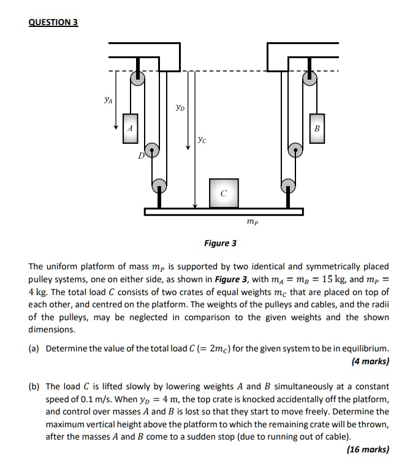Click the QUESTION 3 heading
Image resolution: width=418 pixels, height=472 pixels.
tap(53, 23)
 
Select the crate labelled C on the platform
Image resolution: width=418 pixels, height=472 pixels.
tap(223, 193)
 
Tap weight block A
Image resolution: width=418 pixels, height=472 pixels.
tap(130, 129)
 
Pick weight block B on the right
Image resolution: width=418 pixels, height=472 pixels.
tap(316, 129)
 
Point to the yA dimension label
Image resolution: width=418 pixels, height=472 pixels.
tap(108, 97)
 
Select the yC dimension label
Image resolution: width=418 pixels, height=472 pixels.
tap(202, 140)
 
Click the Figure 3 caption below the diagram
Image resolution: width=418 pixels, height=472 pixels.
tap(220, 244)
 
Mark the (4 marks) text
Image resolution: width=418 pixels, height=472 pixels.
tap(370, 362)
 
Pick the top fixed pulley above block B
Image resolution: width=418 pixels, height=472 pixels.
tap(312, 78)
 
